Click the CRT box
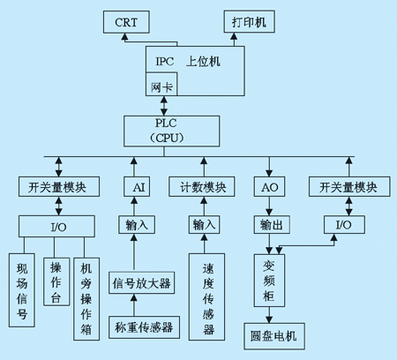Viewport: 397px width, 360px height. click(126, 22)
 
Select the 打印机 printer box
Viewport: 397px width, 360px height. click(250, 21)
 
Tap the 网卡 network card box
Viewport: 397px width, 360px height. click(161, 84)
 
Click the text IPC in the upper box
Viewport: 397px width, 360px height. click(165, 62)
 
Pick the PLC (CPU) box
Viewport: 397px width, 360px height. click(171, 131)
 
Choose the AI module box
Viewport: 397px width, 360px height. click(137, 187)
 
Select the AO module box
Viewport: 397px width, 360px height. click(269, 187)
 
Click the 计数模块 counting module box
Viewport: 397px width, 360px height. click(202, 187)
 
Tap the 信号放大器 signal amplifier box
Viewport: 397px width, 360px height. click(142, 283)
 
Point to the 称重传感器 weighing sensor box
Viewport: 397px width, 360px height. click(144, 327)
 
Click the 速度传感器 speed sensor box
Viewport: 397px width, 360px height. click(206, 297)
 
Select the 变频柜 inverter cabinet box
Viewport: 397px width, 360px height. click(269, 281)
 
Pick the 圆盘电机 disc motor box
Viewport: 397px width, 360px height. click(274, 336)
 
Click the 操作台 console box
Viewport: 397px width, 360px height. click(56, 281)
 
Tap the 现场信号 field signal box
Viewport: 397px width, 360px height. click(22, 290)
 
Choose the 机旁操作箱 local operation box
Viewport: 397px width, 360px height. click(86, 299)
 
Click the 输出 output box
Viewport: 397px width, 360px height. click(272, 225)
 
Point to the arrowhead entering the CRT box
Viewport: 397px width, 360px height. click(125, 36)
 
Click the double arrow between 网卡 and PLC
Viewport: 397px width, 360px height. click(164, 106)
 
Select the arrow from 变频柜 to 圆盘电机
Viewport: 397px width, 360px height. click(269, 315)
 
